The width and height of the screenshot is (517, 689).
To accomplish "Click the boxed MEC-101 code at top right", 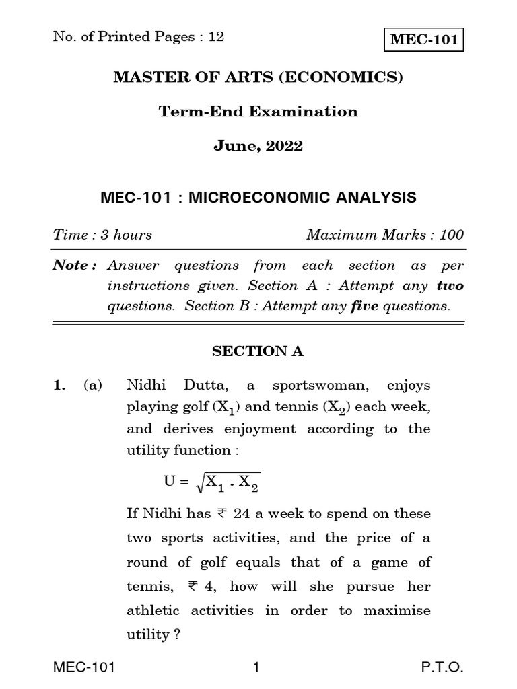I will click(x=424, y=40).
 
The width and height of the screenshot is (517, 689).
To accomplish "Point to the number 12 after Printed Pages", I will click(x=216, y=37).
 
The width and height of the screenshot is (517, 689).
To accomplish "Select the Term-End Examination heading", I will click(x=258, y=112).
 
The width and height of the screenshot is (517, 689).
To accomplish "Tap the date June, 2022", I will click(x=258, y=146).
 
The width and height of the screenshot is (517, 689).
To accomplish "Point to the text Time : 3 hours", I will click(x=102, y=235).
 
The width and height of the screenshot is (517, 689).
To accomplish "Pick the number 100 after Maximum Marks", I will click(x=451, y=235).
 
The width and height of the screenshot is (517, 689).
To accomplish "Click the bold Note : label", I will click(x=74, y=266).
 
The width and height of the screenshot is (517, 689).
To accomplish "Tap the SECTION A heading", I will click(x=258, y=351).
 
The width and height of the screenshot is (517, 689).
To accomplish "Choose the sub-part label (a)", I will click(x=93, y=386).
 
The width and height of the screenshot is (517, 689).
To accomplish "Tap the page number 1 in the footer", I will click(x=256, y=668).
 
